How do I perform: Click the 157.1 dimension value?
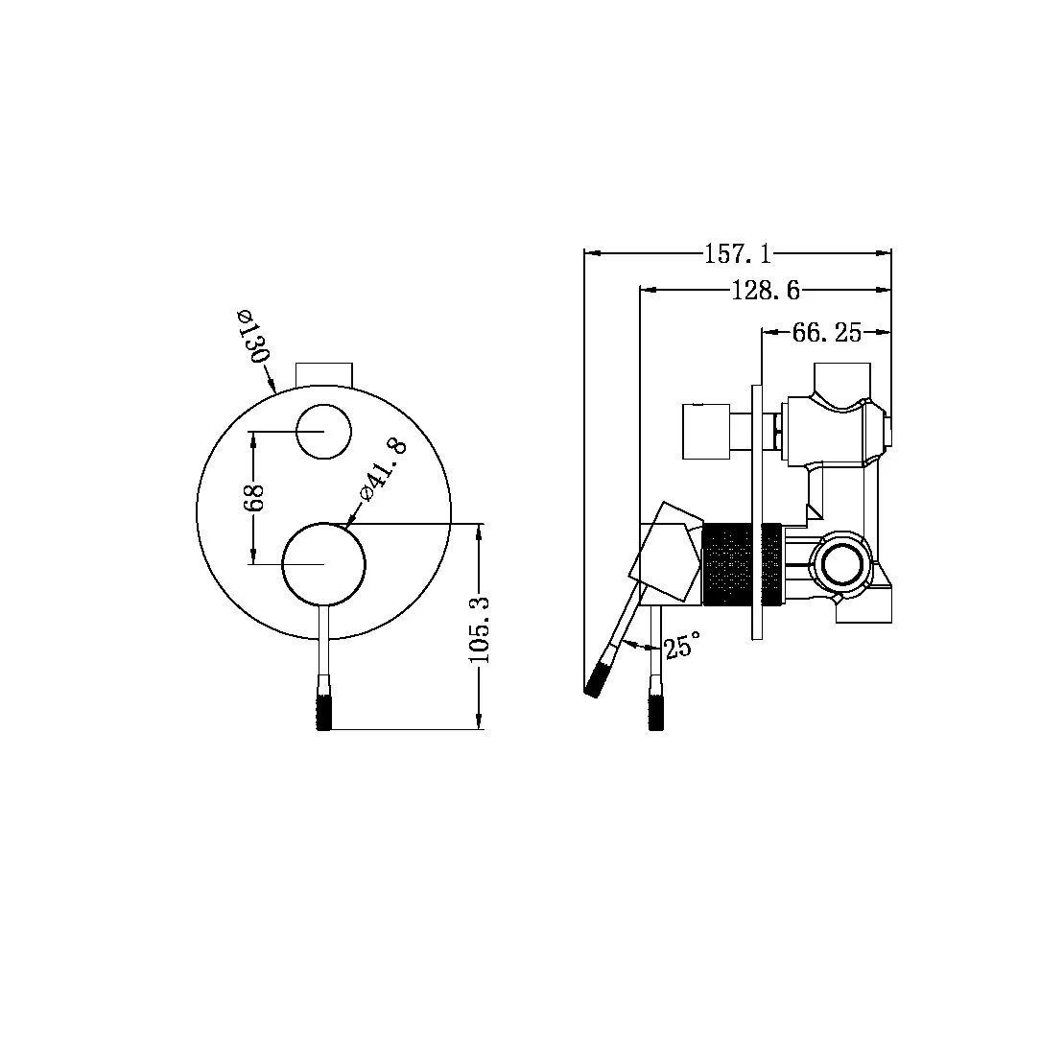pos(738,254)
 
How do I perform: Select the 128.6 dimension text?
pos(765,290)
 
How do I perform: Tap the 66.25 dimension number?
pos(826,333)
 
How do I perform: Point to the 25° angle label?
pos(682,646)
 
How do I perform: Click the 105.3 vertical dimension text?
pos(481,629)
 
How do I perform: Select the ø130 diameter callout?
pos(251,336)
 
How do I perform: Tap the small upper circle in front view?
pos(324,431)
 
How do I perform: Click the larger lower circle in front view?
pos(324,565)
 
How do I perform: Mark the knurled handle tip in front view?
pos(324,710)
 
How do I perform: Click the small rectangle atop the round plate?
pos(324,373)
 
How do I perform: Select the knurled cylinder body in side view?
pos(732,564)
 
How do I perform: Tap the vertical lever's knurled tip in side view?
pos(656,707)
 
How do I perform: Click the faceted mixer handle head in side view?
pos(668,554)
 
